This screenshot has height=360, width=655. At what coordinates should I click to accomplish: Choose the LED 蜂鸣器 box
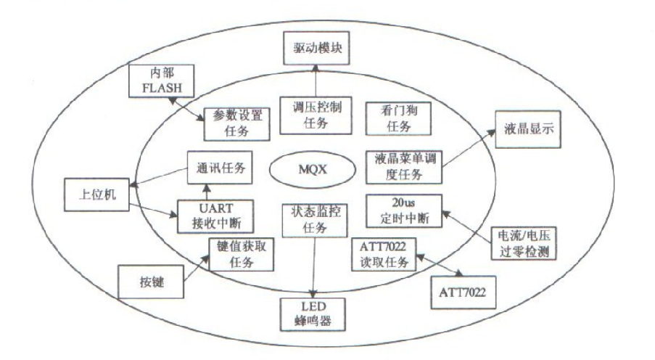pyautogui.click(x=313, y=311)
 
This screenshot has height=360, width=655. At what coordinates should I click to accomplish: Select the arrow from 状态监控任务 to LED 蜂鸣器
pyautogui.click(x=314, y=264)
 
